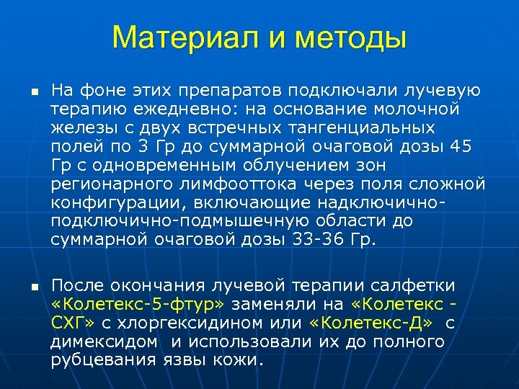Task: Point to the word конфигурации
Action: tap(111, 203)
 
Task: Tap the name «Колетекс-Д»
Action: tap(371, 322)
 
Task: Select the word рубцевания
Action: tap(102, 359)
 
